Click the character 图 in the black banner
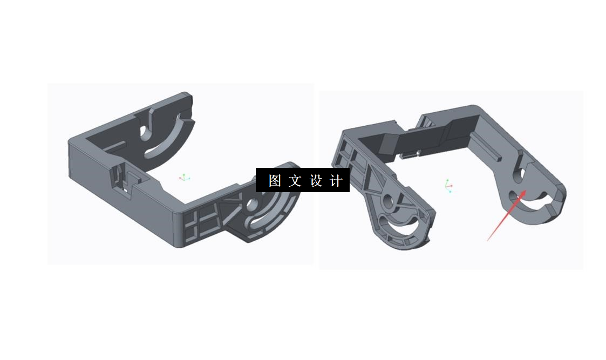[x=275, y=180]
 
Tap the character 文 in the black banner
[x=295, y=180]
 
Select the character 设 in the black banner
[x=316, y=180]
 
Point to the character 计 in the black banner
[x=336, y=180]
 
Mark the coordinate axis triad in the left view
[x=184, y=177]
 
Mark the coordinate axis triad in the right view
[x=448, y=186]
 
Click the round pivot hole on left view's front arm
[x=251, y=205]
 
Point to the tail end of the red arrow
[x=488, y=240]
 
